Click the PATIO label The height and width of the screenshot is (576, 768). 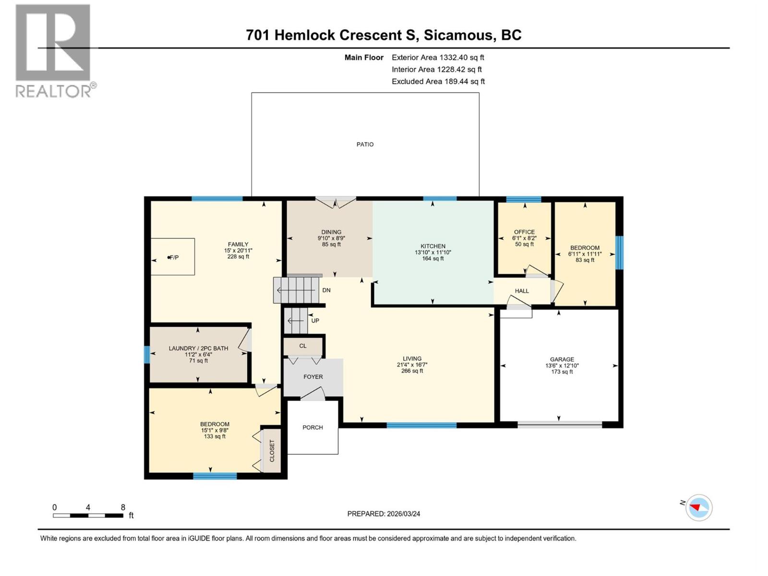pyautogui.click(x=365, y=144)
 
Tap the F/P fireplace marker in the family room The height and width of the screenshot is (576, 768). pyautogui.click(x=173, y=258)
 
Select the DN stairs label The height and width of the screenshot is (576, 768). pyautogui.click(x=326, y=290)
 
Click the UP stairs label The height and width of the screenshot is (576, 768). pyautogui.click(x=315, y=321)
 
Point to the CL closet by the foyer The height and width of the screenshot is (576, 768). pyautogui.click(x=303, y=346)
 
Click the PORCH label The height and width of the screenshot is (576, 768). pyautogui.click(x=312, y=427)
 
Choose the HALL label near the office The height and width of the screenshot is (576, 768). pyautogui.click(x=522, y=291)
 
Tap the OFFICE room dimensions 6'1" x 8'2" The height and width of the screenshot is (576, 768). pyautogui.click(x=524, y=238)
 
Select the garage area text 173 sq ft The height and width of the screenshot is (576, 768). pyautogui.click(x=562, y=372)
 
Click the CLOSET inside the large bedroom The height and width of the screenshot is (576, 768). pyautogui.click(x=272, y=451)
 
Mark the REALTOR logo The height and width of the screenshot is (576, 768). pyautogui.click(x=54, y=50)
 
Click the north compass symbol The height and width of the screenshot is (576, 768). pyautogui.click(x=698, y=507)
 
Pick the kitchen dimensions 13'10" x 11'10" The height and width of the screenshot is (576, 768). pyautogui.click(x=433, y=252)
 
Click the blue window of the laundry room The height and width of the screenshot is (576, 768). pyautogui.click(x=147, y=355)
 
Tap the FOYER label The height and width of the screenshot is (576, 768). pyautogui.click(x=313, y=377)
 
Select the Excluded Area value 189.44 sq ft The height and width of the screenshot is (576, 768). pyautogui.click(x=464, y=81)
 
